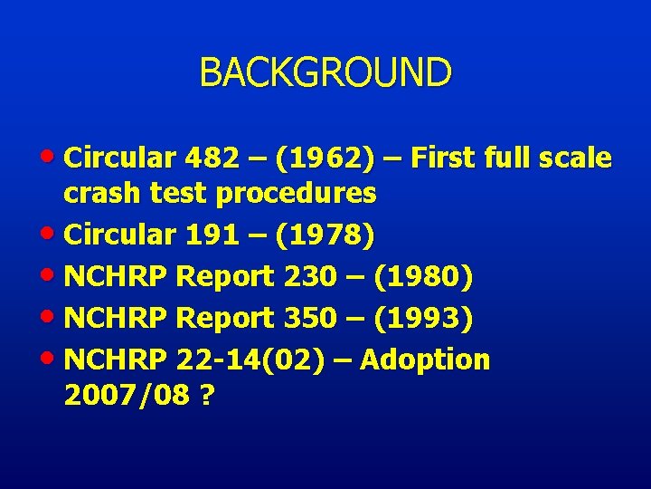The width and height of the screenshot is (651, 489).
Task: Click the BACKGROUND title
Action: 325,72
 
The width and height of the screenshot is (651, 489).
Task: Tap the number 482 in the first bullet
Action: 209,158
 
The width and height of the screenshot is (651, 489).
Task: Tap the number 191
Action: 209,235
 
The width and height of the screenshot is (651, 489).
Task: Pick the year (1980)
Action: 422,276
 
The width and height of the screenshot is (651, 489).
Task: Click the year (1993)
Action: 422,318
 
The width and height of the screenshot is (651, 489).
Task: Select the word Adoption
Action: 425,360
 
